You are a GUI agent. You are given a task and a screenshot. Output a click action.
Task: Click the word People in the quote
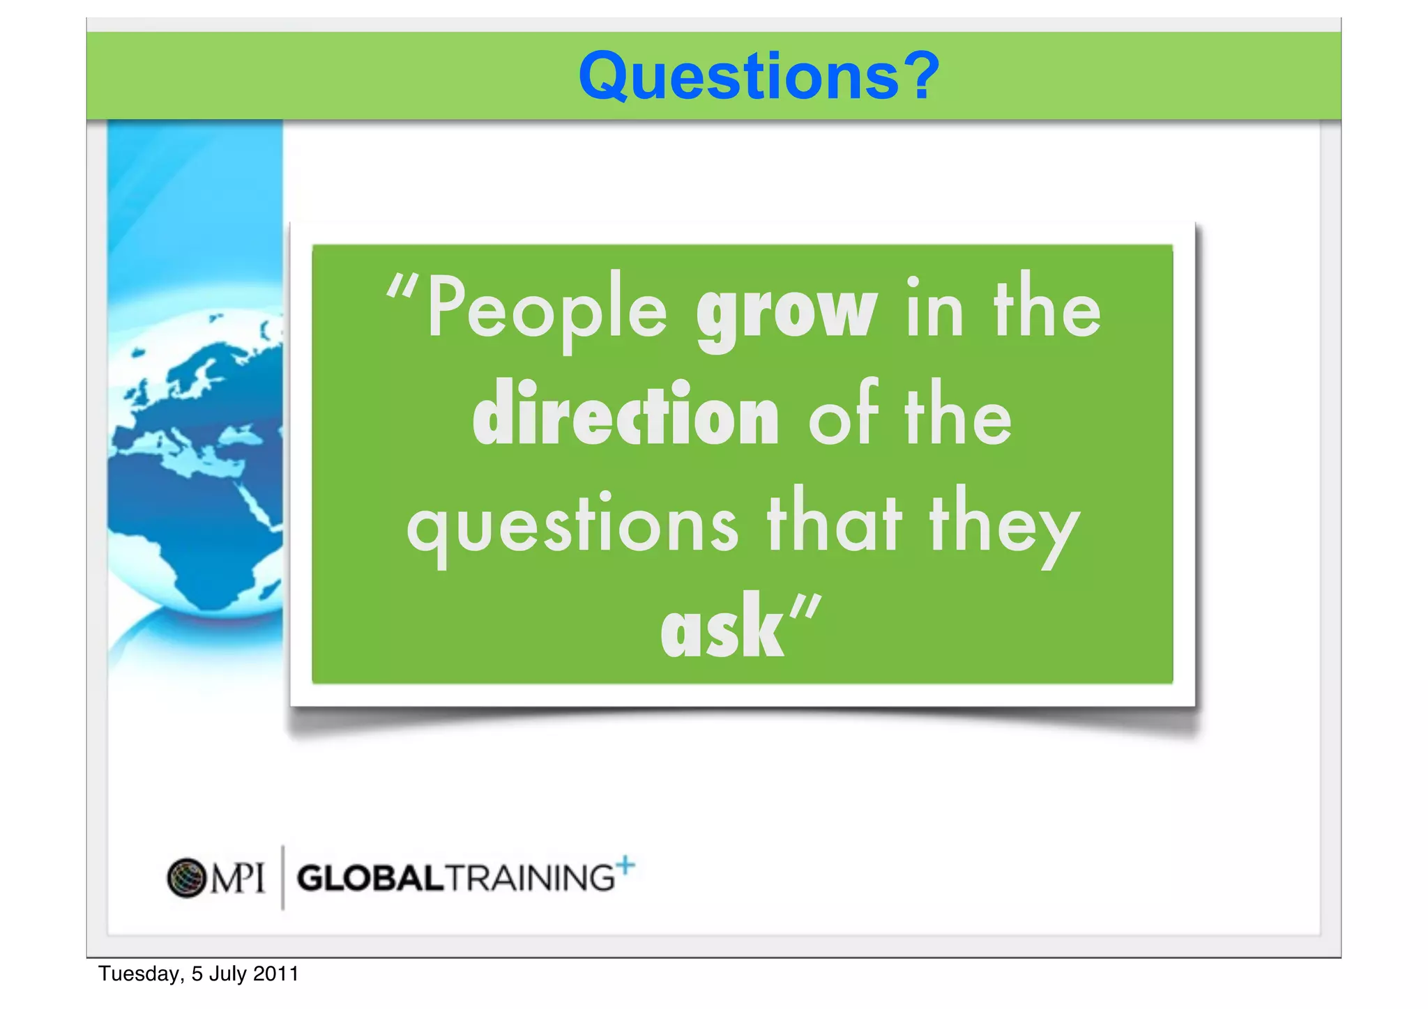point(547,310)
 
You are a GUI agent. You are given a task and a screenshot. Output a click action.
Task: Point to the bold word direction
point(625,415)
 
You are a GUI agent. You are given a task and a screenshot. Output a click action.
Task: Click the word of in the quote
point(844,415)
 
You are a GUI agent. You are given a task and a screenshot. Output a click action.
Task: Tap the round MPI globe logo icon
point(186,878)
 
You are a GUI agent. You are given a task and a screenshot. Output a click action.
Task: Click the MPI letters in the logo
point(238,878)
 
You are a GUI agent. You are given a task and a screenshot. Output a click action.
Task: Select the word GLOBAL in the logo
point(370,878)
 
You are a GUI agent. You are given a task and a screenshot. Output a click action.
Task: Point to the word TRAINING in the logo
point(531,878)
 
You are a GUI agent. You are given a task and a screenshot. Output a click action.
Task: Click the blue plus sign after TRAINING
point(626,865)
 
